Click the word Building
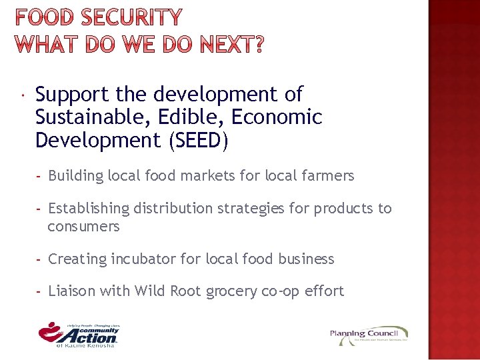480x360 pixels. [75, 176]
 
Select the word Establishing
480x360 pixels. [89, 209]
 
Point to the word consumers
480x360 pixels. [83, 227]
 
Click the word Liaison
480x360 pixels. [72, 291]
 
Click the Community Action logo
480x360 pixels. [79, 334]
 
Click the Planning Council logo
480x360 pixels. [369, 335]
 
